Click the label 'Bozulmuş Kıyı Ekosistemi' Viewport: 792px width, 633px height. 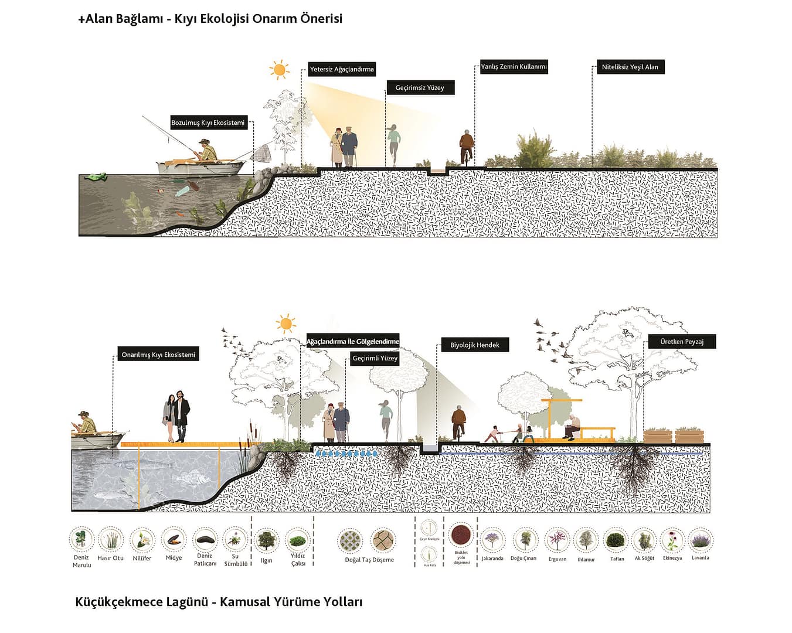(208, 123)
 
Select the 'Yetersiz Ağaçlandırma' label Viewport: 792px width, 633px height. (342, 69)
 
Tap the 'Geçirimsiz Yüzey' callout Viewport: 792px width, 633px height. (420, 88)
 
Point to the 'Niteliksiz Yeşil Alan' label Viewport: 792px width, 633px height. (630, 67)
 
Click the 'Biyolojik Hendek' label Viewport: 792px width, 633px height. (474, 345)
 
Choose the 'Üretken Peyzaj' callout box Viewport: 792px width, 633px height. (681, 342)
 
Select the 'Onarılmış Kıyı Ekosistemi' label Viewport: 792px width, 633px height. (158, 355)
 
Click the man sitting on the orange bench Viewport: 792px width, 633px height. (572, 427)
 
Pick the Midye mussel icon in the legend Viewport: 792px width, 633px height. (174, 539)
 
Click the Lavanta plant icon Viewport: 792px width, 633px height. (700, 540)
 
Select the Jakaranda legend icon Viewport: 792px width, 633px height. (492, 540)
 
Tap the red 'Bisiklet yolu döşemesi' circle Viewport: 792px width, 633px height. (461, 535)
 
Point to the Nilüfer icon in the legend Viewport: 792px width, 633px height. (142, 540)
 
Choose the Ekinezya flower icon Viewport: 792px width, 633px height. (672, 540)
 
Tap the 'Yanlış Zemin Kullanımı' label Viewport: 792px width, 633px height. (514, 67)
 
